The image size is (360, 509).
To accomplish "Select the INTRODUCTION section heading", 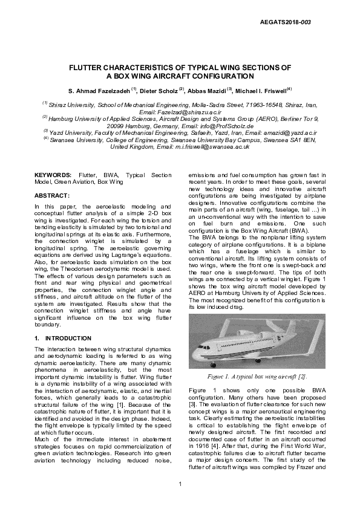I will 68,338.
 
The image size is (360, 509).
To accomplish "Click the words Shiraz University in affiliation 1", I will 72,105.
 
